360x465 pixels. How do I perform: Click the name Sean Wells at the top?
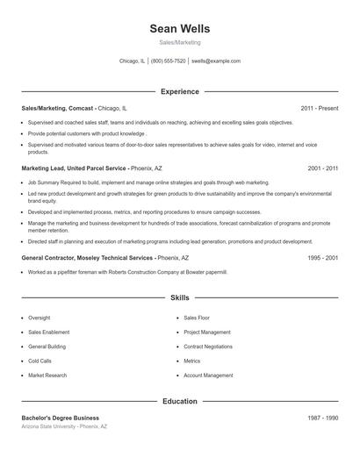(x=180, y=29)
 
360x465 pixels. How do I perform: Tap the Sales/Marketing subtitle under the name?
(x=180, y=42)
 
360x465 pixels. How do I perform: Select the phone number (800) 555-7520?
(x=168, y=61)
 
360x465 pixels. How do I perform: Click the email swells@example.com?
(x=215, y=61)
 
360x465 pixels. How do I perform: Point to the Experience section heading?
(x=180, y=91)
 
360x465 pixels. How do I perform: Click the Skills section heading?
(x=180, y=298)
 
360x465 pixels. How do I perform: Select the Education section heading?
(x=180, y=401)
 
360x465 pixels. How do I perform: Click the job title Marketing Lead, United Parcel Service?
(x=75, y=168)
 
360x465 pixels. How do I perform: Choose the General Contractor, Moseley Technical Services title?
(x=87, y=259)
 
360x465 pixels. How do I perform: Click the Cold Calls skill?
(x=40, y=361)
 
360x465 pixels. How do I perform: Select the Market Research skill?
(x=47, y=375)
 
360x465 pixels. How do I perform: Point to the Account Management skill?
(x=208, y=375)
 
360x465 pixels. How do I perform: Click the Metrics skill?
(x=192, y=361)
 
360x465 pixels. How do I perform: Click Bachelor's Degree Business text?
(x=60, y=418)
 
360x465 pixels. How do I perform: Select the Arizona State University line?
(x=64, y=426)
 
